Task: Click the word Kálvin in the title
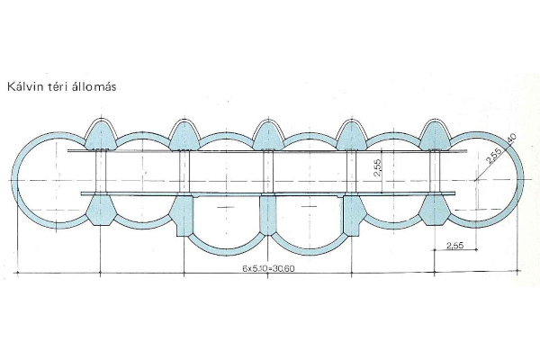click(25, 87)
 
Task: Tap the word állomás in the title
click(100, 87)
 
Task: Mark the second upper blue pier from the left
click(184, 134)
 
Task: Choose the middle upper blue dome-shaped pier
click(267, 134)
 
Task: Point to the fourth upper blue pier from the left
click(352, 134)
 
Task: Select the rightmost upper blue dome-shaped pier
click(436, 134)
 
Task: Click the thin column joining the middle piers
click(267, 172)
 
